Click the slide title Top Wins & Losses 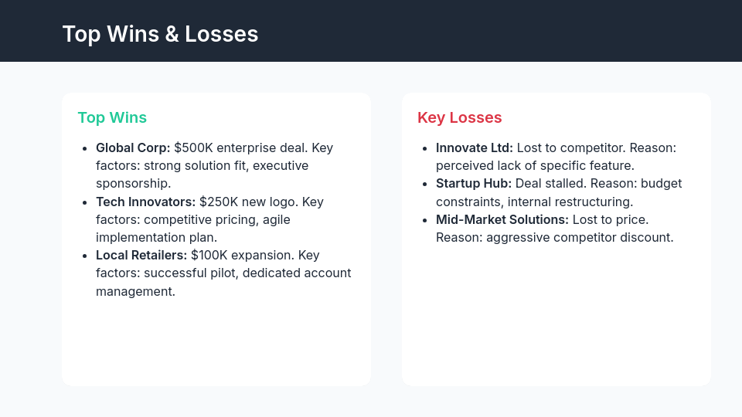[x=160, y=34]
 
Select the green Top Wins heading [x=112, y=117]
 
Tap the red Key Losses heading [x=460, y=117]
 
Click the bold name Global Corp [x=133, y=147]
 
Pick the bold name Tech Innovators [x=145, y=202]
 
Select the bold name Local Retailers [x=141, y=255]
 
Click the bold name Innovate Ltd [x=475, y=147]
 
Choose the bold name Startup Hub [x=474, y=184]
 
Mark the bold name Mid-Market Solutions [x=502, y=219]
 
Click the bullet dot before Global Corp [x=84, y=147]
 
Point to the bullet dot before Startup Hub [x=424, y=184]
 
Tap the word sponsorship [x=133, y=183]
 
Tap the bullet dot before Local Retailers [x=84, y=255]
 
